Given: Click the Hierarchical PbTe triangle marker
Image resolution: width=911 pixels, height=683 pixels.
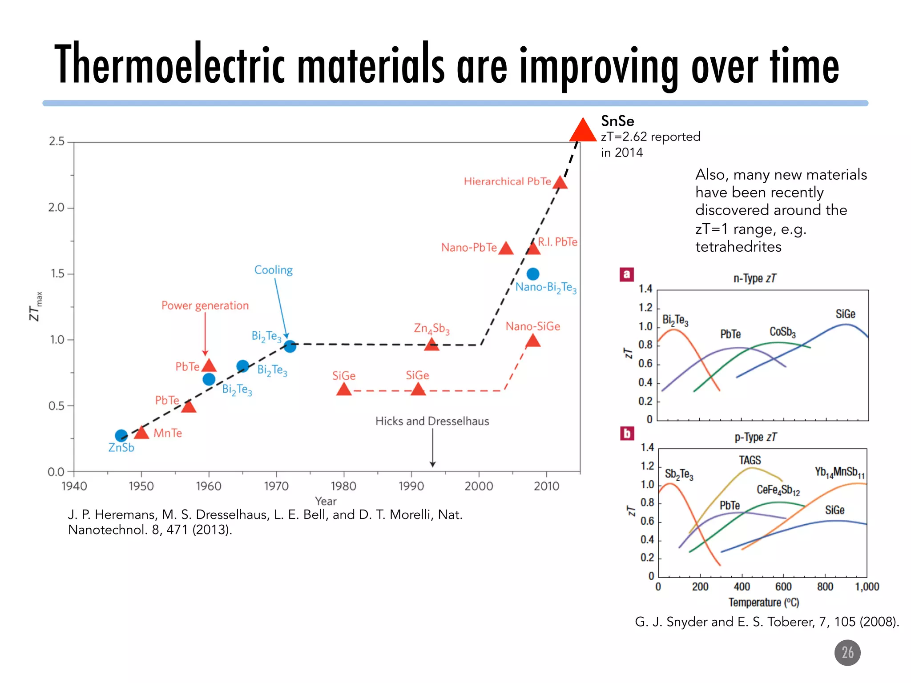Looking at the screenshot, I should pyautogui.click(x=560, y=182).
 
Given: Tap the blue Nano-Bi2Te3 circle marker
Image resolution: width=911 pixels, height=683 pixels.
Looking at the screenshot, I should pyautogui.click(x=533, y=274).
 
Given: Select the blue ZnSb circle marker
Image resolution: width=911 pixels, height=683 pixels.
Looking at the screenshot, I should pyautogui.click(x=121, y=435).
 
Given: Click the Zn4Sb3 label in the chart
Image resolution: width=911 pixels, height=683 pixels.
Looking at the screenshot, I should pyautogui.click(x=431, y=329).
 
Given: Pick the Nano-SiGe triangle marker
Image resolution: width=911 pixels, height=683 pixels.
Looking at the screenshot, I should pyautogui.click(x=532, y=341).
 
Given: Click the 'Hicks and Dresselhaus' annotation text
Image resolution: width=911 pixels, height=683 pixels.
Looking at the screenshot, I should pyautogui.click(x=432, y=421).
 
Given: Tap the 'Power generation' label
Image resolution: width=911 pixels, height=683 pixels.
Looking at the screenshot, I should pyautogui.click(x=205, y=305).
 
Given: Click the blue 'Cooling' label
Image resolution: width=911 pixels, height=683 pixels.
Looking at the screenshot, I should pyautogui.click(x=273, y=270).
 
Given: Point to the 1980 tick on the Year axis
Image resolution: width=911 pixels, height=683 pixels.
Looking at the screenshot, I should pyautogui.click(x=343, y=486).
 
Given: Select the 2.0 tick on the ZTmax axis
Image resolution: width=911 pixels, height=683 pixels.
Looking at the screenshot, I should pyautogui.click(x=56, y=208).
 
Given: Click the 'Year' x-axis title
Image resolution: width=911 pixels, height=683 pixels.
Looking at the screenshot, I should pyautogui.click(x=326, y=501).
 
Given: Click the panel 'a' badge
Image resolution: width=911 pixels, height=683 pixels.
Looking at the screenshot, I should pyautogui.click(x=626, y=274).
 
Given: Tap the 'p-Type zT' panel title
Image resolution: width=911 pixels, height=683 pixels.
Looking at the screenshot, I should pyautogui.click(x=755, y=437).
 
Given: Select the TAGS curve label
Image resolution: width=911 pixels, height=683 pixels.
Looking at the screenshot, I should pyautogui.click(x=750, y=460).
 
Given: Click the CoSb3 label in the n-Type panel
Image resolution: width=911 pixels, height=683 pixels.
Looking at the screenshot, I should pyautogui.click(x=782, y=332).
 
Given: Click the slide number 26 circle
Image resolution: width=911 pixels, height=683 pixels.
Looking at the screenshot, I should pyautogui.click(x=847, y=653).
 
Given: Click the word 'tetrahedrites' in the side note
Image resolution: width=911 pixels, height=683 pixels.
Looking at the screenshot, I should pyautogui.click(x=738, y=246).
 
